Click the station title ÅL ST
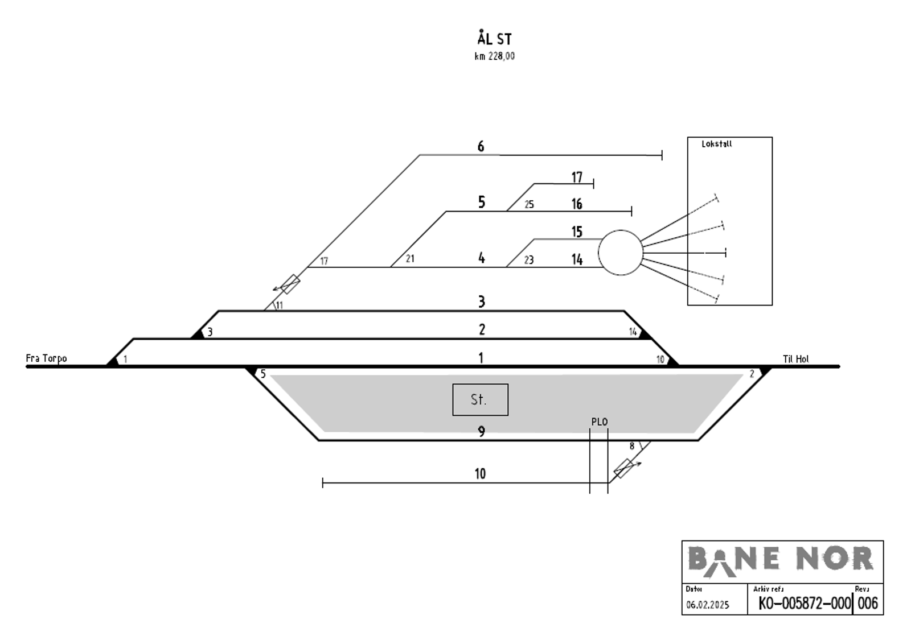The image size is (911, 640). point(494,39)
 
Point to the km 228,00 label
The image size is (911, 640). point(494,56)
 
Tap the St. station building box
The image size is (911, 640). point(480,399)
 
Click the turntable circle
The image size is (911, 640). point(620,253)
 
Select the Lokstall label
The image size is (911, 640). point(716,144)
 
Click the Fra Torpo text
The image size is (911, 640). point(46,358)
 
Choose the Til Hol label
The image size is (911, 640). point(795,359)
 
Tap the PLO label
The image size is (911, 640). point(599,422)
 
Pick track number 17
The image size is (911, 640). point(577,177)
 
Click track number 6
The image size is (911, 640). point(481,147)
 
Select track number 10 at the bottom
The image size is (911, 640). point(480,473)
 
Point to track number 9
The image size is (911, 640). point(481,432)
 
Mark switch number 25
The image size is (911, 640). point(529,205)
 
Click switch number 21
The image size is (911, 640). point(410,259)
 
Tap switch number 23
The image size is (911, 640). point(529,260)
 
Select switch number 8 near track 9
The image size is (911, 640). point(631,447)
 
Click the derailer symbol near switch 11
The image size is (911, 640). point(289,284)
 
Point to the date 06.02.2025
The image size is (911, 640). point(707,605)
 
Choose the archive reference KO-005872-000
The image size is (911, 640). point(804,604)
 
